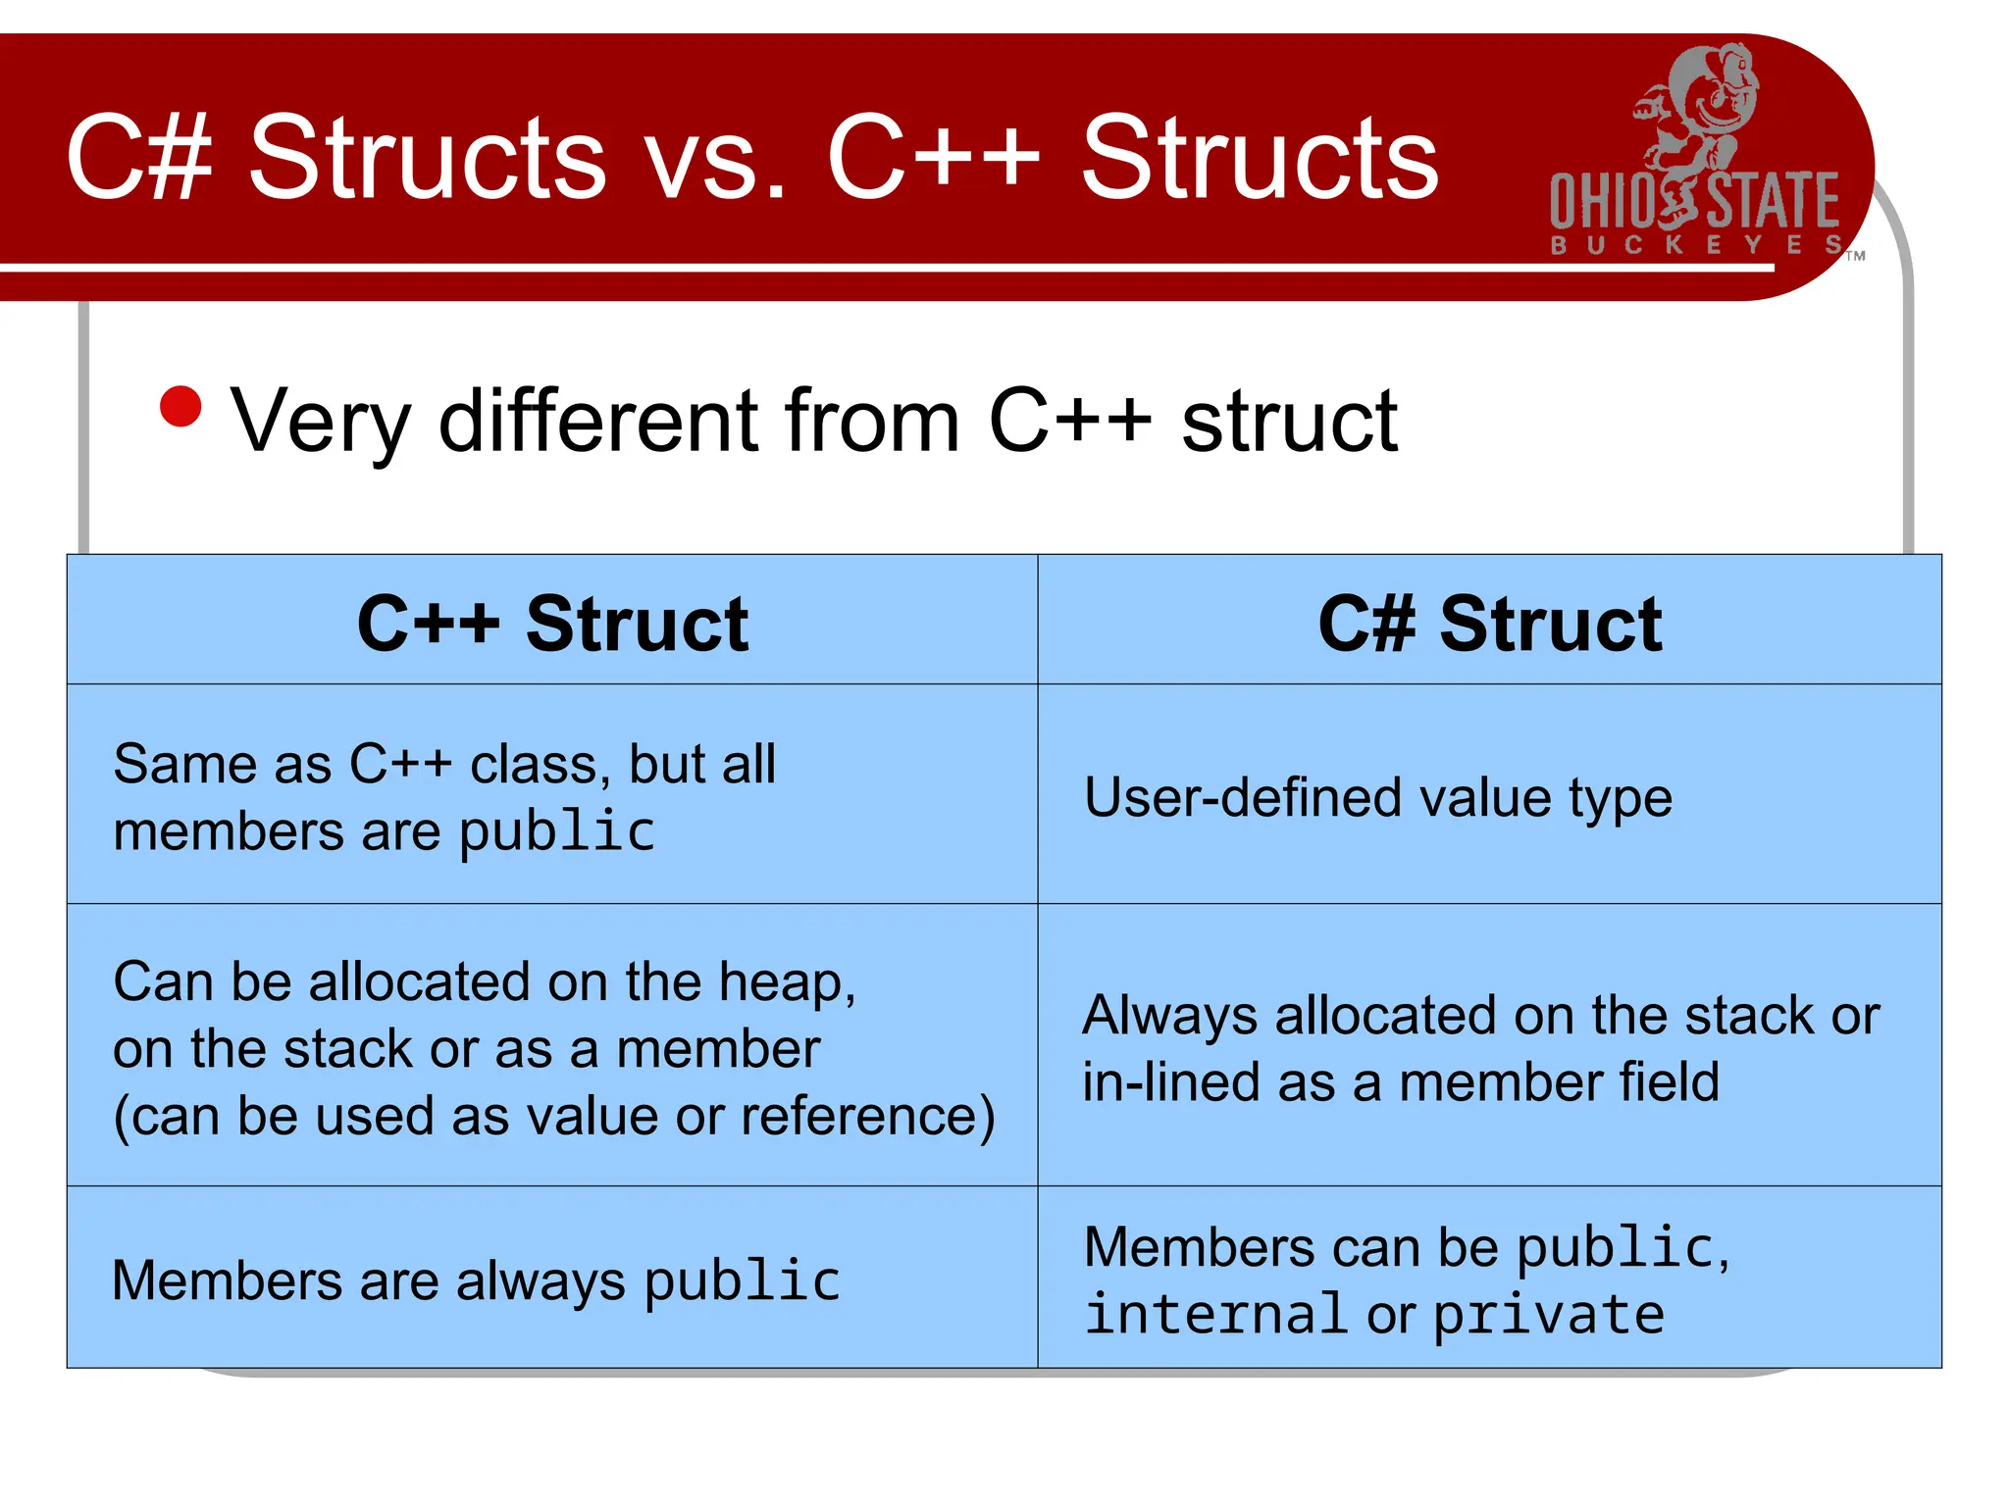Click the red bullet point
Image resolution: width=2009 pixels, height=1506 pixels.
(180, 407)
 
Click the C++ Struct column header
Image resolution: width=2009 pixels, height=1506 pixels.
(552, 624)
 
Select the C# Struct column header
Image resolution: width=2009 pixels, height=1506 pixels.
(1489, 624)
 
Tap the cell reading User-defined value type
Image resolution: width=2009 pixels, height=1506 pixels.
(1377, 797)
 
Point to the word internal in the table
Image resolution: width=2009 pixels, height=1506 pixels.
(1214, 1315)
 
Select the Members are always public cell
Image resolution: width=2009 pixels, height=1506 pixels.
(476, 1280)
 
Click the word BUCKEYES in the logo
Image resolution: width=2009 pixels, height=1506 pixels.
(1695, 244)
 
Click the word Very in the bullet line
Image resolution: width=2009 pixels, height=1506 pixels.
(320, 422)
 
